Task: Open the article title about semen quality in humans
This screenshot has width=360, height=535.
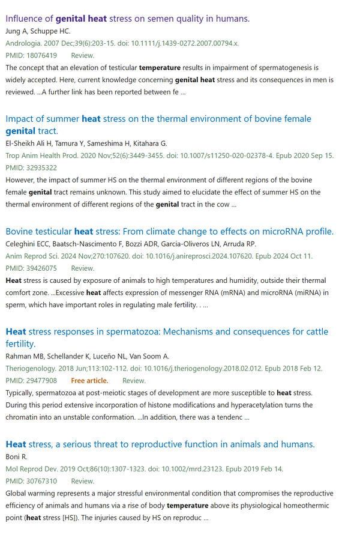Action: (x=127, y=19)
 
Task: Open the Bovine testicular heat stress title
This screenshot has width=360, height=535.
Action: (x=169, y=231)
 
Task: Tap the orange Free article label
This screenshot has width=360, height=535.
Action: (x=89, y=381)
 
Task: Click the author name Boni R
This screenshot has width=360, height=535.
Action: (x=17, y=456)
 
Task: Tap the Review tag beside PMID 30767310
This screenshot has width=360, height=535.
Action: (x=82, y=481)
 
